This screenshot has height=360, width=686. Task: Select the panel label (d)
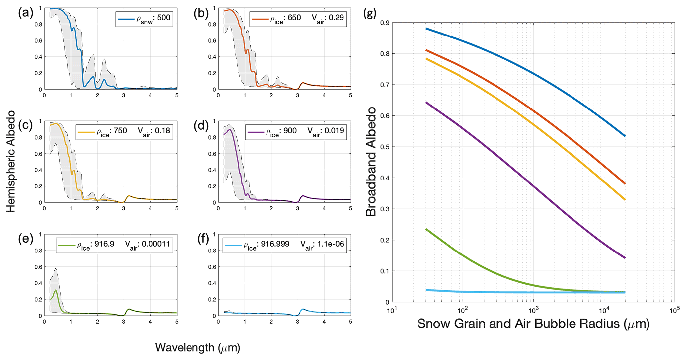pyautogui.click(x=202, y=126)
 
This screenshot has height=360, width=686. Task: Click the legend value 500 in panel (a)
pyautogui.click(x=164, y=18)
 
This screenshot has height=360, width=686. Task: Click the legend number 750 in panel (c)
pyautogui.click(x=120, y=131)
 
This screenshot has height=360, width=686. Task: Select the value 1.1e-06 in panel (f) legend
pyautogui.click(x=331, y=244)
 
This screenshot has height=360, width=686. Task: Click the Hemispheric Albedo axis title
pyautogui.click(x=11, y=162)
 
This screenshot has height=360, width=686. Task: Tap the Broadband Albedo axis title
pyautogui.click(x=371, y=162)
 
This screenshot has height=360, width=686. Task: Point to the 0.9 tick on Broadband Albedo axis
pyautogui.click(x=385, y=23)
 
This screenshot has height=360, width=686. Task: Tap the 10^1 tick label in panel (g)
pyautogui.click(x=392, y=311)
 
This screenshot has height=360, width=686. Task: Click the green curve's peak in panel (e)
pyautogui.click(x=56, y=290)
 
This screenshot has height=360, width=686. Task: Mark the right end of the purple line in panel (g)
pyautogui.click(x=625, y=258)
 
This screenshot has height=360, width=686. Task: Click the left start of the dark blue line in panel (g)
pyautogui.click(x=426, y=29)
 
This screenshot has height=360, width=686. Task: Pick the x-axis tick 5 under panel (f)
pyautogui.click(x=350, y=322)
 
